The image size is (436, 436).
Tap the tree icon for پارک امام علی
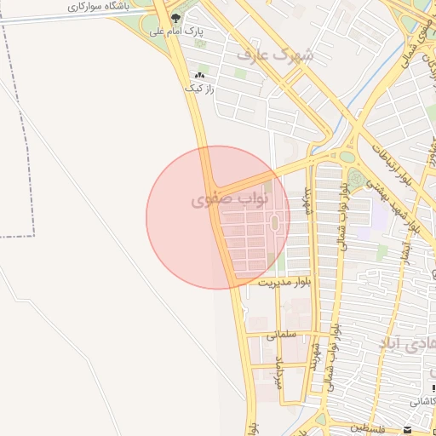point(176,18)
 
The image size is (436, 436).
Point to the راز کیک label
point(199,88)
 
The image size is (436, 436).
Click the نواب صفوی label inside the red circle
point(230,199)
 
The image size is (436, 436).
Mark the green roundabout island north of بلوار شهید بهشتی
point(347,156)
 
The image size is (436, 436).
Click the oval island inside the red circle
point(274,223)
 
